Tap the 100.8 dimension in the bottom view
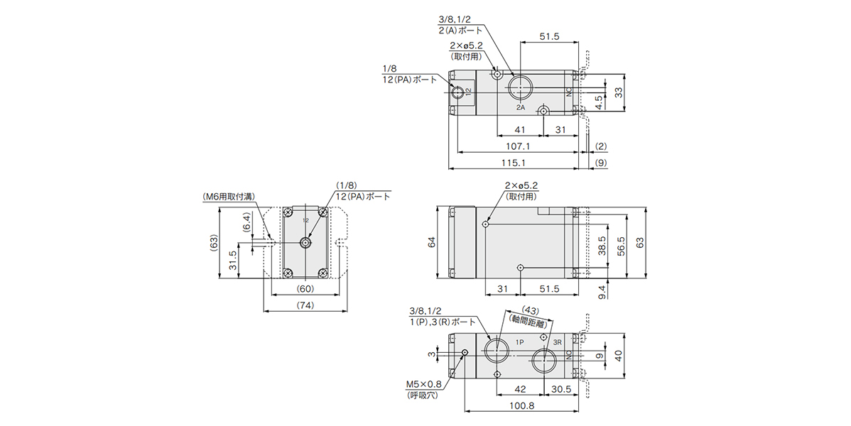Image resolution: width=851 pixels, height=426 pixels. (522, 405)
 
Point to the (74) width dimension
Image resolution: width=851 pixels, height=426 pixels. (305, 305)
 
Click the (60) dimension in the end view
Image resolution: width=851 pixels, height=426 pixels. (305, 290)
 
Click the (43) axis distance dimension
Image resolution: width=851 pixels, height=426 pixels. (531, 310)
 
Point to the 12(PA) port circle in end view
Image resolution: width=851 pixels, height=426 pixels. (305, 243)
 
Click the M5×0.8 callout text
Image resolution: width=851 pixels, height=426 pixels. (423, 386)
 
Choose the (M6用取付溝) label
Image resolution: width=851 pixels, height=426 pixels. (229, 196)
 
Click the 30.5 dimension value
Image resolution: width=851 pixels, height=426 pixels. (560, 388)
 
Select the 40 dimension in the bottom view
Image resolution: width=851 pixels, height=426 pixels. (618, 356)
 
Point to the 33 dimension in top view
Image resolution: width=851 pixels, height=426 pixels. (618, 92)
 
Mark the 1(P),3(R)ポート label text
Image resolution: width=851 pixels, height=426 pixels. (435, 322)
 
